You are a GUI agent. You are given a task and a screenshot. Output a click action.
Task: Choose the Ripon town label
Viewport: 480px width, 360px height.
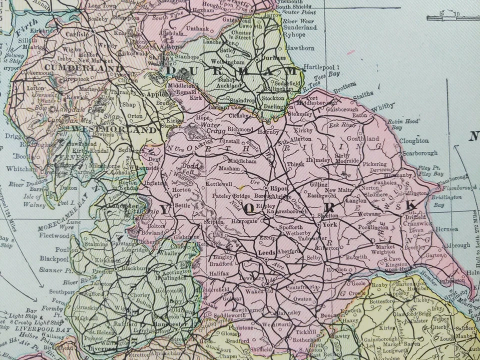(x=276, y=188)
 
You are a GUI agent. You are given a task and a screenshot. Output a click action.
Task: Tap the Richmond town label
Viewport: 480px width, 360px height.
(x=240, y=129)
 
